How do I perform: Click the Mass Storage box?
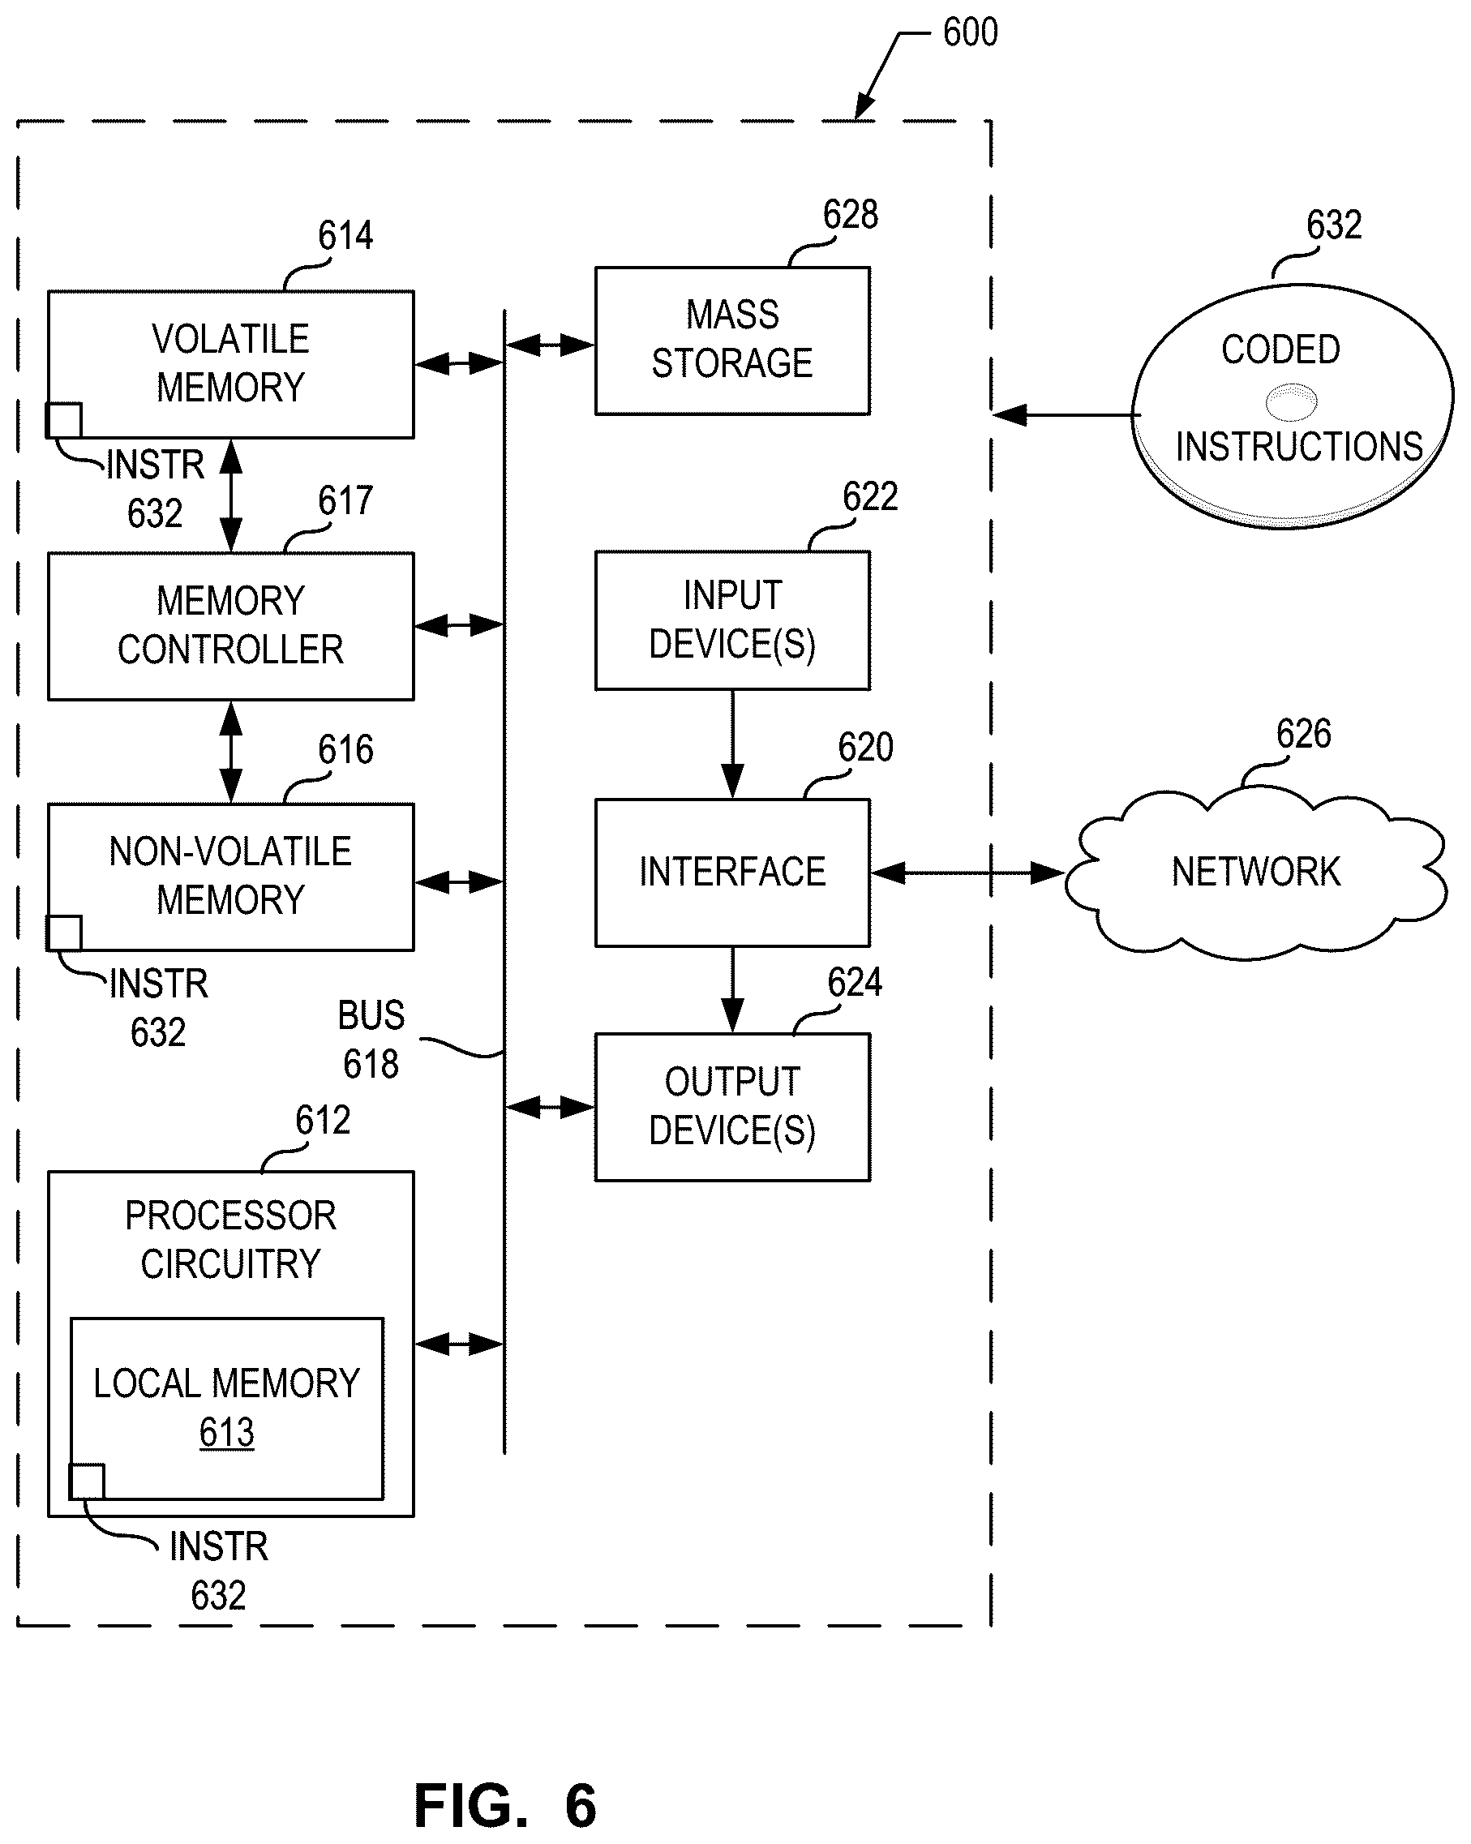coord(732,341)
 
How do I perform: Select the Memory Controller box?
coord(231,626)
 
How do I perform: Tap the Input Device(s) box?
coord(732,620)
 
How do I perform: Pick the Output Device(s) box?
coord(732,1107)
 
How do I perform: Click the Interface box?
coord(732,873)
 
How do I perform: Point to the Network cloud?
coord(1255,873)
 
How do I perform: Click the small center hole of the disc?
coord(1290,402)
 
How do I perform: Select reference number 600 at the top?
coord(970,32)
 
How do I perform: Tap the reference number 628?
coord(850,215)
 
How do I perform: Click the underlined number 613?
coord(226,1432)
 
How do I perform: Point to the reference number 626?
coord(1303,734)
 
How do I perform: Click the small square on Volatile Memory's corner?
coord(64,420)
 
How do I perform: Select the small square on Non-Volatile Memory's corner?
coord(64,933)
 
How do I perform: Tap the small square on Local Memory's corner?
coord(87,1482)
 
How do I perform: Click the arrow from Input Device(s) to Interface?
coord(732,744)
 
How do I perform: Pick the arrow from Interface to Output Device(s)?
coord(732,989)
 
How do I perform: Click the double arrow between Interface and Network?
coord(967,873)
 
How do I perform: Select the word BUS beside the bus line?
coord(371,1015)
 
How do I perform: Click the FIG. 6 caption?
coord(505,1806)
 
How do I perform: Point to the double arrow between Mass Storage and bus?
coord(550,345)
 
